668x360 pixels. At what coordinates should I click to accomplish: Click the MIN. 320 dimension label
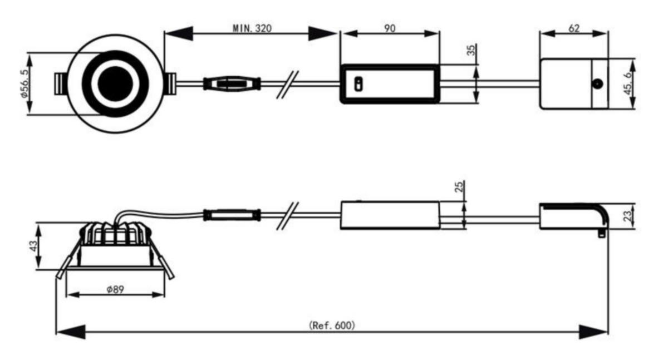(252, 28)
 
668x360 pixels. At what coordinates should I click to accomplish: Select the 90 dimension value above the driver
(390, 28)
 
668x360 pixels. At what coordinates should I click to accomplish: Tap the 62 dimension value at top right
(574, 28)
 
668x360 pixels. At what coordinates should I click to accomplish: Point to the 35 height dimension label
(471, 50)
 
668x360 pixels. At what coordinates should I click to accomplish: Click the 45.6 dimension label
(628, 83)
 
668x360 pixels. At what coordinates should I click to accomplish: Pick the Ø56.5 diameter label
(24, 83)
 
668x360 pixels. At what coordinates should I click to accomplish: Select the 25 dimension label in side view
(459, 186)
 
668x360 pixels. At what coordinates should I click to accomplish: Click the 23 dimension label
(627, 216)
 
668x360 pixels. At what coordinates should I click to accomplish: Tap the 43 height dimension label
(34, 246)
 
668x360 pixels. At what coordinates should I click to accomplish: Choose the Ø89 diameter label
(115, 289)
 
